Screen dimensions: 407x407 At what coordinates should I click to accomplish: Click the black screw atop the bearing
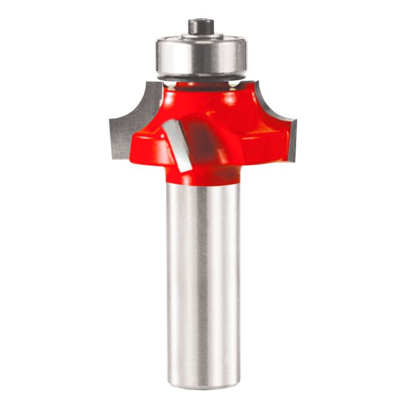[x=201, y=26]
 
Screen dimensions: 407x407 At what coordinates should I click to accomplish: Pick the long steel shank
[x=203, y=282]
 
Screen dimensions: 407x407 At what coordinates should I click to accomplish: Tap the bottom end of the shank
[x=203, y=381]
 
